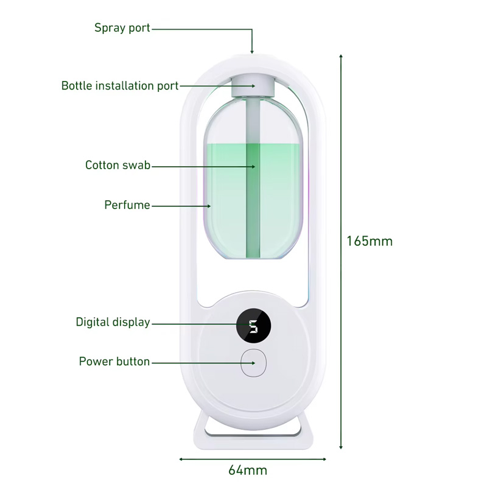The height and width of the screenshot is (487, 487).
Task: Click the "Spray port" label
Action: pyautogui.click(x=122, y=28)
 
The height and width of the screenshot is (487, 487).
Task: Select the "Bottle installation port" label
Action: pyautogui.click(x=120, y=86)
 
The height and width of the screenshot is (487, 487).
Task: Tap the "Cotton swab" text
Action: pyautogui.click(x=117, y=165)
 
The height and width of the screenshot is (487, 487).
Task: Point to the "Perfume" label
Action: pyautogui.click(x=127, y=205)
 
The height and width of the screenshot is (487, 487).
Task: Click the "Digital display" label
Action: pyautogui.click(x=113, y=323)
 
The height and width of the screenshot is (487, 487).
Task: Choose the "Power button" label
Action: pyautogui.click(x=114, y=362)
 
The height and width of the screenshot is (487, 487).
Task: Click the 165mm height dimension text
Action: pyautogui.click(x=370, y=241)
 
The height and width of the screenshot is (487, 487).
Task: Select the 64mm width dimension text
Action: pyautogui.click(x=248, y=470)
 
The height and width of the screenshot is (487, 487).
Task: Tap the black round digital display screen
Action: pyautogui.click(x=254, y=326)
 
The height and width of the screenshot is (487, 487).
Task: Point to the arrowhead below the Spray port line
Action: pyautogui.click(x=252, y=51)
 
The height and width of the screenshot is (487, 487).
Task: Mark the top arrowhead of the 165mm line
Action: pyautogui.click(x=341, y=57)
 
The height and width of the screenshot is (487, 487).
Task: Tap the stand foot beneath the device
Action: pyautogui.click(x=253, y=430)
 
